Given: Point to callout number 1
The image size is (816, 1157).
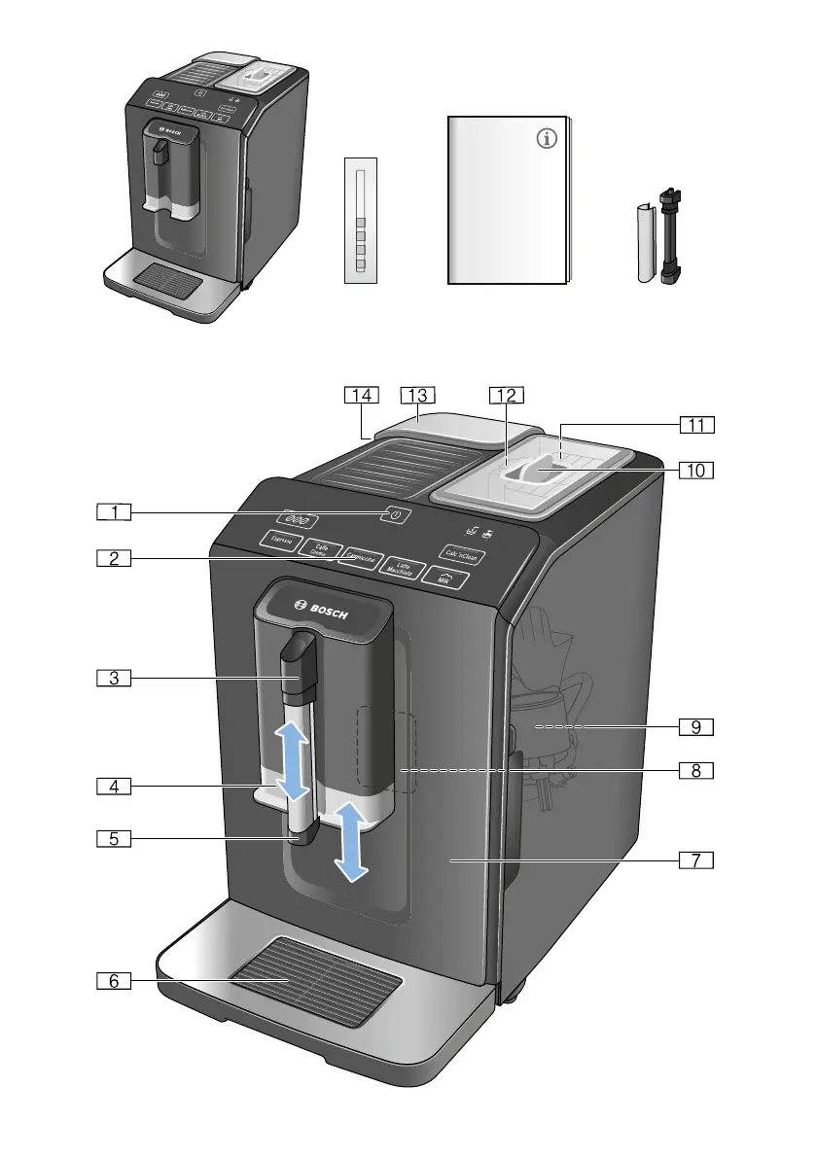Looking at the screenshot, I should tap(114, 510).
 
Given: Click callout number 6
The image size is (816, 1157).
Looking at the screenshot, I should tap(114, 981).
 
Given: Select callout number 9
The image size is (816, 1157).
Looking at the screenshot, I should tap(696, 726).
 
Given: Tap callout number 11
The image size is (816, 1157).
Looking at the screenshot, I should tap(696, 424).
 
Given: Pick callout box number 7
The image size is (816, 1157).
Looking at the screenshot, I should tap(696, 859).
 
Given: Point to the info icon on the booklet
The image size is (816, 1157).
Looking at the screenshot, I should tap(548, 140).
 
